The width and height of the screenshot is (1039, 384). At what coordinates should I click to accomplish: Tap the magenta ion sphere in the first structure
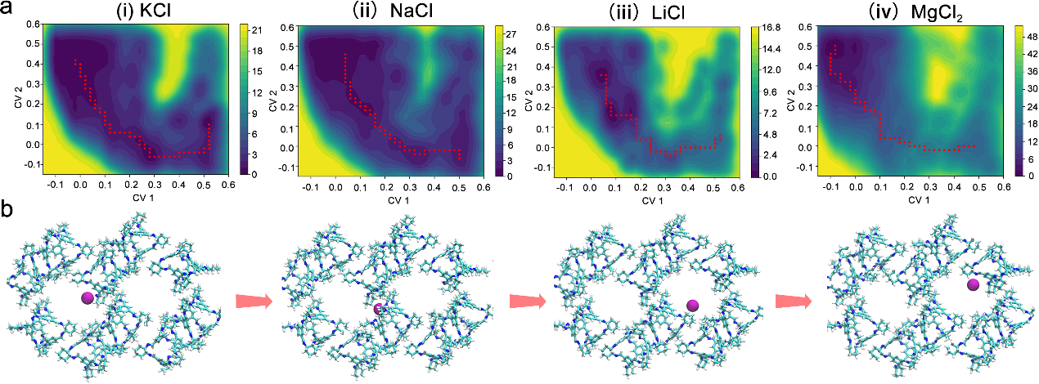[88, 300]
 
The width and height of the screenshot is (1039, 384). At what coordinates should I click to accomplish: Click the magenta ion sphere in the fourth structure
[974, 284]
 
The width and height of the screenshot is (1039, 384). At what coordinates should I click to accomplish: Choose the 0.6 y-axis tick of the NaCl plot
[290, 28]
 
